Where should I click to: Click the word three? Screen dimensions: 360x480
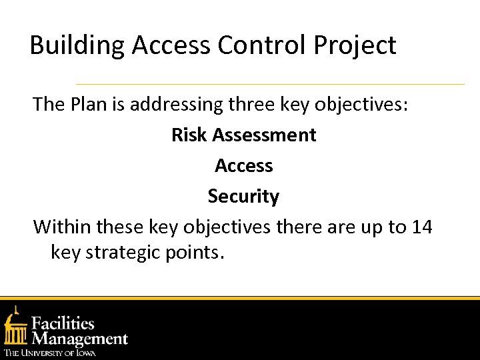pos(253,104)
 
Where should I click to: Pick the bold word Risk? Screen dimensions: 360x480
pos(189,135)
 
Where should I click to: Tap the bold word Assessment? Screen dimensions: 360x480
pos(264,135)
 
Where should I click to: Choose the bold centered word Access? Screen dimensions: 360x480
pos(243,165)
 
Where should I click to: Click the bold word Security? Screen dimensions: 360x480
pos(243,196)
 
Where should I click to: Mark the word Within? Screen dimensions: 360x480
pos(62,227)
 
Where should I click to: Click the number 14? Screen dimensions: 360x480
pos(421,227)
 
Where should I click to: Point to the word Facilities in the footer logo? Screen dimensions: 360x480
pos(64,324)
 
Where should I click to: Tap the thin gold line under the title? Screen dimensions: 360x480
pos(270,85)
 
